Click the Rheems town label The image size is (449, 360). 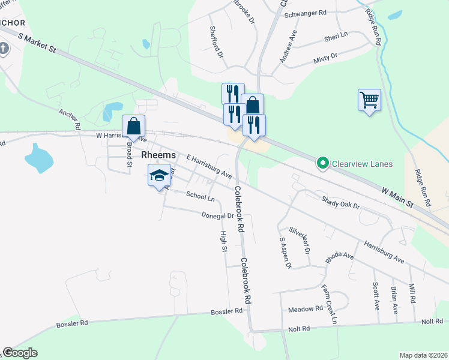159,155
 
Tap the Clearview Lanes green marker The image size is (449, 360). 322,163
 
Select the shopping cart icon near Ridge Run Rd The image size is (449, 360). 369,99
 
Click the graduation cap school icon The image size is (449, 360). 159,176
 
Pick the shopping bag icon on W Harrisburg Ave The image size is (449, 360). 133,127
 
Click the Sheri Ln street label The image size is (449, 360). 336,36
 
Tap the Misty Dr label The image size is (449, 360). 325,59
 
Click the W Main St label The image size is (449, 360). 398,197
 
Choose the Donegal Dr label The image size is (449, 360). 217,215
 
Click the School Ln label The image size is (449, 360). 200,196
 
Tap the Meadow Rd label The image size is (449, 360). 306,309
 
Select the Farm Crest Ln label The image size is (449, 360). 329,304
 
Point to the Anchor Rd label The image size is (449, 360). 69,119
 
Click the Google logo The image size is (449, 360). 20,353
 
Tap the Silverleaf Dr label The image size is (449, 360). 298,238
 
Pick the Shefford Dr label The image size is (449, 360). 216,41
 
